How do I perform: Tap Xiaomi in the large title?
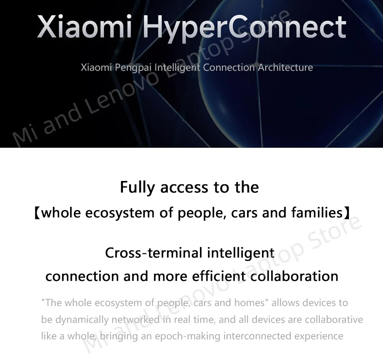point(85,26)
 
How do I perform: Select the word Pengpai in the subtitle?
point(133,68)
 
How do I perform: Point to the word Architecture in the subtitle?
point(285,67)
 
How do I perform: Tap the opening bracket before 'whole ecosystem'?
point(37,213)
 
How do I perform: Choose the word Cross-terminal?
point(154,252)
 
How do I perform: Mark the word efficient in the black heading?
point(219,276)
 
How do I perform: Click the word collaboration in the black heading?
point(294,276)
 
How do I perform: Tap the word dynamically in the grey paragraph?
point(82,319)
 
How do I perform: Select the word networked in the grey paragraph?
point(136,319)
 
